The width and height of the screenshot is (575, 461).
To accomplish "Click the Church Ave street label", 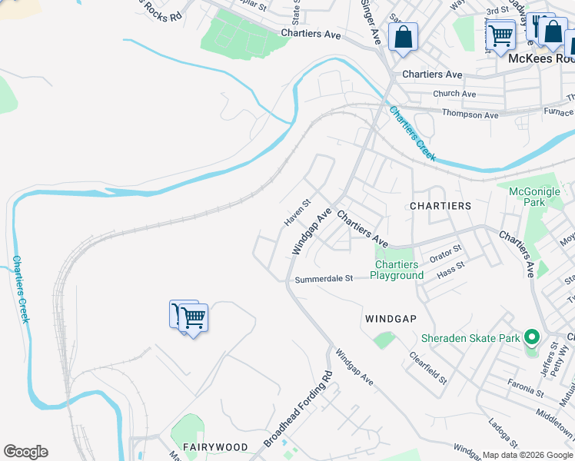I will (454, 94).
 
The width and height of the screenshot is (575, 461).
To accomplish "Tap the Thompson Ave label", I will (470, 115).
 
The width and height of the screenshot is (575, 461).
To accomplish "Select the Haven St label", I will (296, 213).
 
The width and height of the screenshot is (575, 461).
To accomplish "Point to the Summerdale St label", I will (323, 279).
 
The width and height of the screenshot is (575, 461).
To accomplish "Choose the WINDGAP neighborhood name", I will (391, 319).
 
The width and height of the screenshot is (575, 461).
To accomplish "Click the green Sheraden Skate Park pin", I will (530, 337).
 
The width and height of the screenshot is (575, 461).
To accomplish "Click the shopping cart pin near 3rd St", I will (500, 35).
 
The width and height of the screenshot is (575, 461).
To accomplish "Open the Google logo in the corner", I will (25, 452).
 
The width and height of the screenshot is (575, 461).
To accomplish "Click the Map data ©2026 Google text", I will (528, 455).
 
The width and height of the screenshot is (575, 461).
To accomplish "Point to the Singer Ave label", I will (372, 23).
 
